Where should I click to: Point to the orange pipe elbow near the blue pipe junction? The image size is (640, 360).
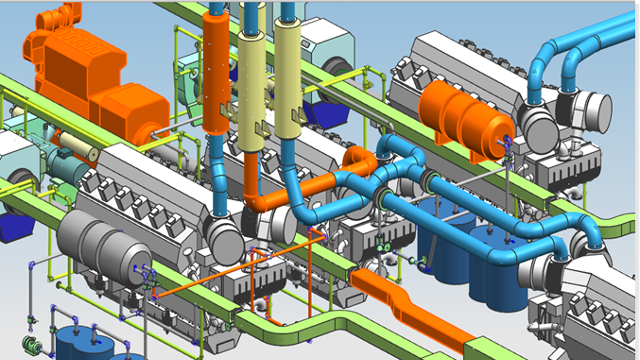click(357, 160)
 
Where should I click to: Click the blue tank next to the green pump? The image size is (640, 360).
click(72, 343)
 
